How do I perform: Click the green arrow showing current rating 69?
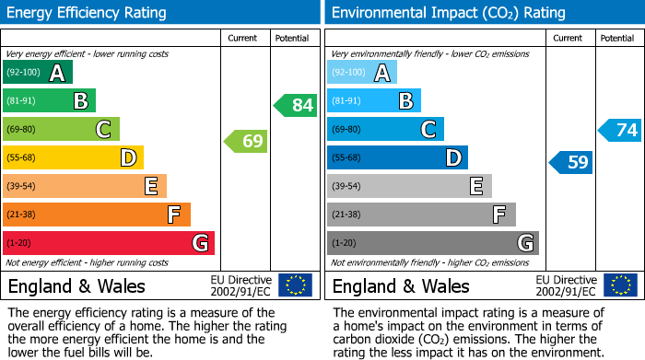(246, 141)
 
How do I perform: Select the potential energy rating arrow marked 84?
(296, 105)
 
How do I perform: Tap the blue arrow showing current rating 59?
(571, 163)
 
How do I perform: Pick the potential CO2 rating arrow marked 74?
(620, 130)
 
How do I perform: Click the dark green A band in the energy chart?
(37, 73)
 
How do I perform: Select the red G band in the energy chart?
(108, 243)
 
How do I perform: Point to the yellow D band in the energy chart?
(73, 157)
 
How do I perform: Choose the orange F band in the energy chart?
(96, 215)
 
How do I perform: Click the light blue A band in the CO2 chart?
(362, 73)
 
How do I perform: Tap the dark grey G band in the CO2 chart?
(432, 243)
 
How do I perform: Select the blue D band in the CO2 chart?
(397, 157)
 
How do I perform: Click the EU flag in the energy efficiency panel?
(295, 285)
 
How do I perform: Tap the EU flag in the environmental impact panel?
(620, 285)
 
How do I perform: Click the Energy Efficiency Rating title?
(88, 13)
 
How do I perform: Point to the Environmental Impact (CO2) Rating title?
(448, 13)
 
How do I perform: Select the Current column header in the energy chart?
(244, 38)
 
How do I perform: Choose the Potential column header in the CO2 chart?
(616, 38)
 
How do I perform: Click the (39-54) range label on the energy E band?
(21, 186)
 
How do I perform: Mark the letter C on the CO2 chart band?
(428, 130)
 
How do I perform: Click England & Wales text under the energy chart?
(76, 285)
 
